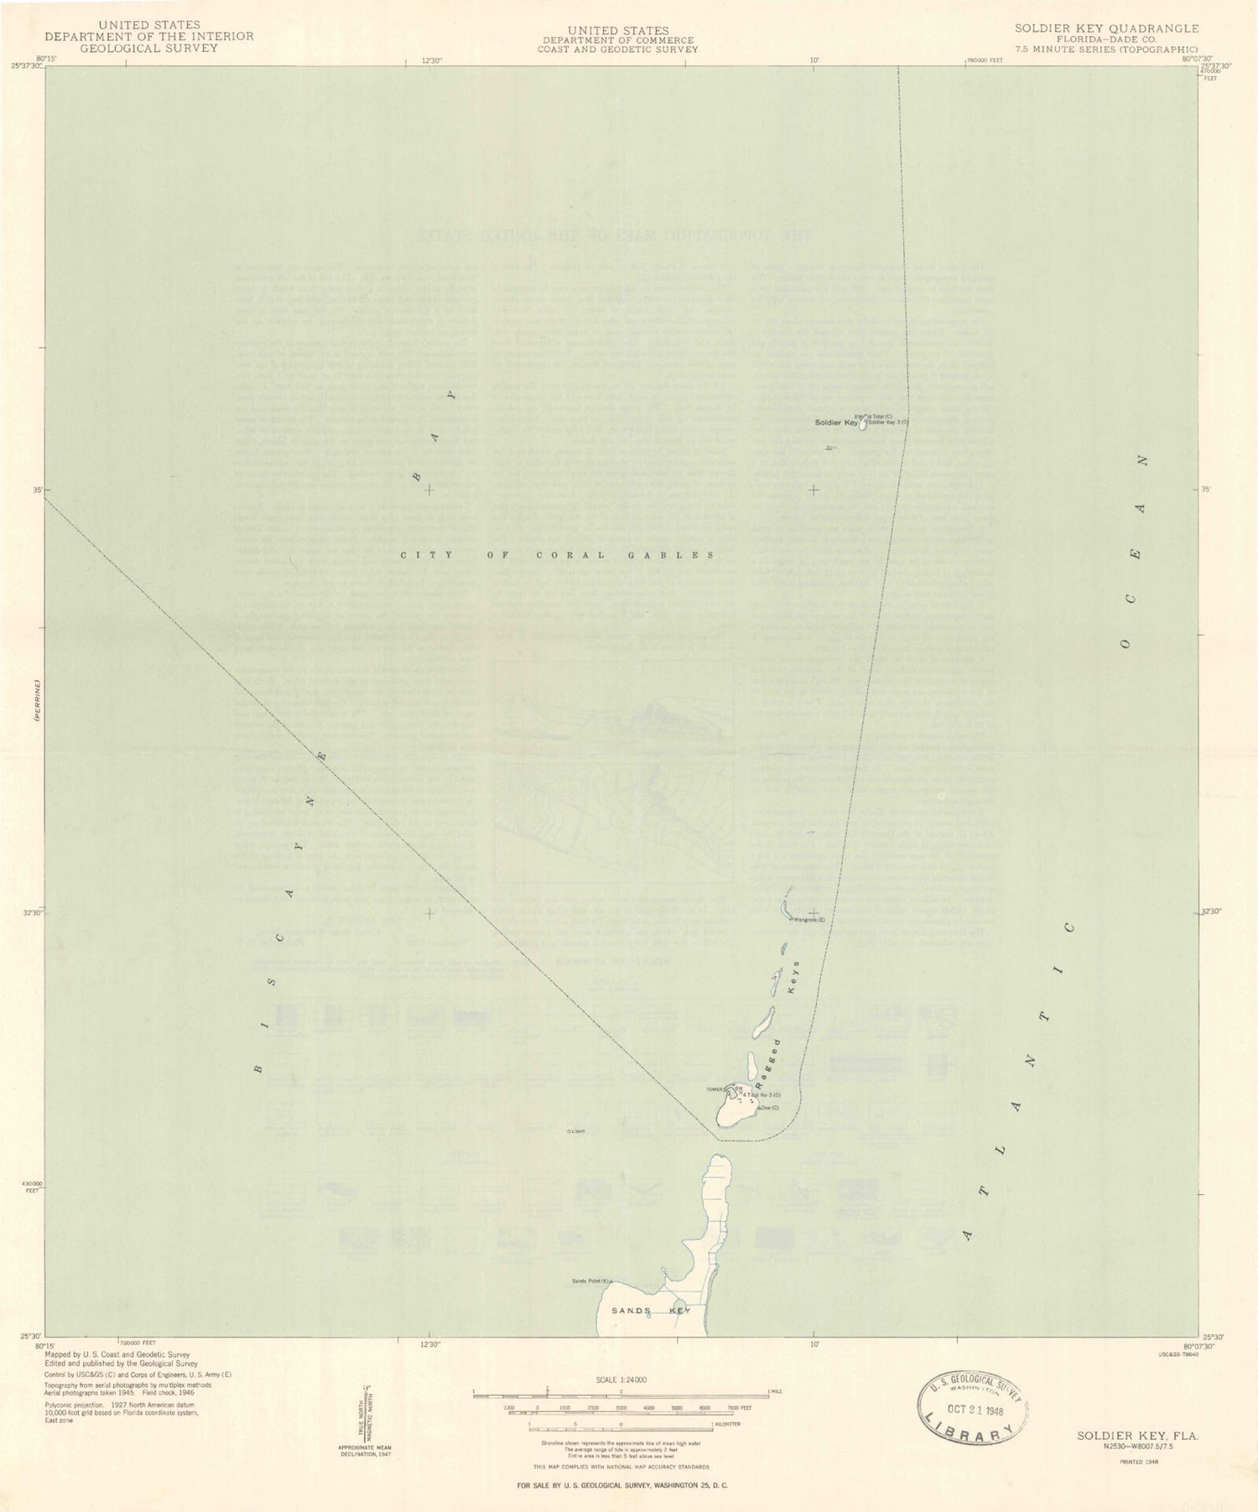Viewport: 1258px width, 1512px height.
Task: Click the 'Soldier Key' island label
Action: (x=836, y=423)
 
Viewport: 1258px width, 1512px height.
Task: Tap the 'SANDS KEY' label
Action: (x=650, y=1310)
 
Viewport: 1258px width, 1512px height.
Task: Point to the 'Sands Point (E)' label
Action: (x=592, y=1281)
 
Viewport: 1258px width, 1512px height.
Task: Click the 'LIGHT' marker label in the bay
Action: (x=576, y=1131)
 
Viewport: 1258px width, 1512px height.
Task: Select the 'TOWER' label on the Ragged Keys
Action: (x=714, y=1089)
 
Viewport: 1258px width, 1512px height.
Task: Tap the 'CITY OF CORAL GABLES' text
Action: (x=557, y=555)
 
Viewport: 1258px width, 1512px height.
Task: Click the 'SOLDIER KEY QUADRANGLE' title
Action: (x=1106, y=28)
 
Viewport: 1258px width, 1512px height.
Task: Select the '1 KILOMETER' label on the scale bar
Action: (x=727, y=1425)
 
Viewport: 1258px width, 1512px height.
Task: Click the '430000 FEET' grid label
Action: (x=31, y=1187)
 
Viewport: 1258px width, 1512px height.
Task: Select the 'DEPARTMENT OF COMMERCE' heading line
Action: (x=618, y=39)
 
